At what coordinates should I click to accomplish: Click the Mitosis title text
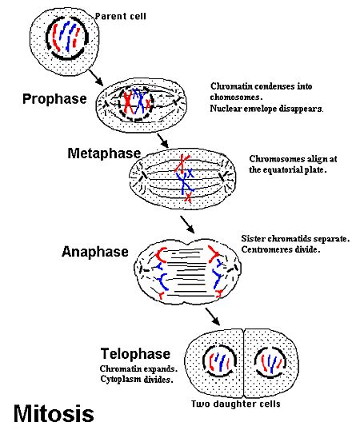[54, 413]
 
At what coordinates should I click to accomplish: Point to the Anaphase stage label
[94, 252]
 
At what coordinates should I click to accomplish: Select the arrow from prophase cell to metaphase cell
[163, 138]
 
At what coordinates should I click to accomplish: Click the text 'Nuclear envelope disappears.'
[267, 109]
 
